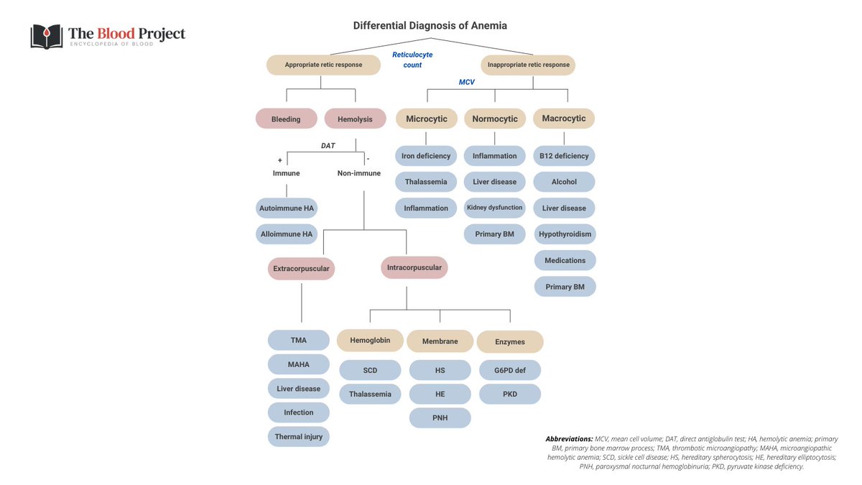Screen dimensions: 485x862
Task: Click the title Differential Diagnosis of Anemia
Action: click(x=430, y=26)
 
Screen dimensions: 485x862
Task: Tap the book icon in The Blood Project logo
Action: click(x=46, y=37)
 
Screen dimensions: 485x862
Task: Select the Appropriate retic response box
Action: click(x=323, y=65)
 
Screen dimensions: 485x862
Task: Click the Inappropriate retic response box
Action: click(x=528, y=65)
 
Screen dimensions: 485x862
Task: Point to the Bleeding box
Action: click(x=286, y=119)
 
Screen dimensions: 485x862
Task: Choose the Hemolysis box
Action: click(x=355, y=119)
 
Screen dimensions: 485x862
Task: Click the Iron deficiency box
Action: click(x=426, y=156)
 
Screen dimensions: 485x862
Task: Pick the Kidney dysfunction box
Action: click(x=494, y=208)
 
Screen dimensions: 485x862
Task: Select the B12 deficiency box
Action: click(x=564, y=156)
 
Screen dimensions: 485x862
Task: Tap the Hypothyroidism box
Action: click(x=565, y=234)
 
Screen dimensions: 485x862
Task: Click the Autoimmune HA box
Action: click(x=286, y=208)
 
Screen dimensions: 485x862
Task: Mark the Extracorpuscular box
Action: click(x=301, y=269)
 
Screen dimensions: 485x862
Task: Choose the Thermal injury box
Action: click(x=298, y=436)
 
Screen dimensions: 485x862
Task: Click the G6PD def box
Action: click(x=509, y=371)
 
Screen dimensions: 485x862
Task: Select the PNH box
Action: click(x=440, y=417)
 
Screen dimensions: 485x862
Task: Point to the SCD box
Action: click(x=370, y=371)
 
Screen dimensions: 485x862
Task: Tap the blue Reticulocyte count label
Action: click(x=412, y=60)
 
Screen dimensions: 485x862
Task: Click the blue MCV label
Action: click(x=467, y=83)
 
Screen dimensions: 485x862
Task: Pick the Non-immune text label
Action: click(x=359, y=173)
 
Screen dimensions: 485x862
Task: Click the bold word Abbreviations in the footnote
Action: click(x=569, y=438)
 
